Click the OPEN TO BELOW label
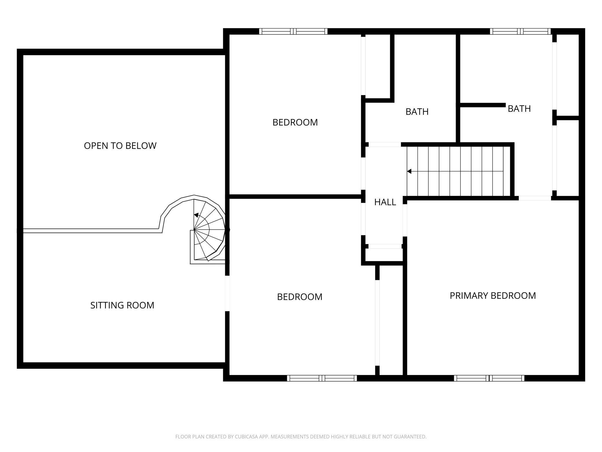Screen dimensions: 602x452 point(120,145)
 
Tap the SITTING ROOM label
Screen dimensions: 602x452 point(122,305)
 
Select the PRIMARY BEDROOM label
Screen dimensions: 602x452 point(493,296)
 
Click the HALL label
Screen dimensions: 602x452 point(385,202)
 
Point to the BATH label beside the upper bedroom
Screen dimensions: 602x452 point(417,112)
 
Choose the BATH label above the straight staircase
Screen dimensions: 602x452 point(519,109)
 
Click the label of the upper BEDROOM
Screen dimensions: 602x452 point(295,122)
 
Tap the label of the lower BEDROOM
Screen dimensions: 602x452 point(300,297)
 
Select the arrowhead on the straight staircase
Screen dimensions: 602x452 point(409,171)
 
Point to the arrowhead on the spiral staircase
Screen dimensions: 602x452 point(196,215)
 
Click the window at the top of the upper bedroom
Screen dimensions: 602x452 point(293,31)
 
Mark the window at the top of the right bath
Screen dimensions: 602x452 point(520,31)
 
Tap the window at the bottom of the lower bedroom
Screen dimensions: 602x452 point(322,378)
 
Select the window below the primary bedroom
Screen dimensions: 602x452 point(489,378)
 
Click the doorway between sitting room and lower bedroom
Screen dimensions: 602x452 point(227,293)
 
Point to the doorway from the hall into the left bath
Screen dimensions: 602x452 point(385,144)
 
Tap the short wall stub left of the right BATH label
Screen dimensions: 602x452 point(483,105)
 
